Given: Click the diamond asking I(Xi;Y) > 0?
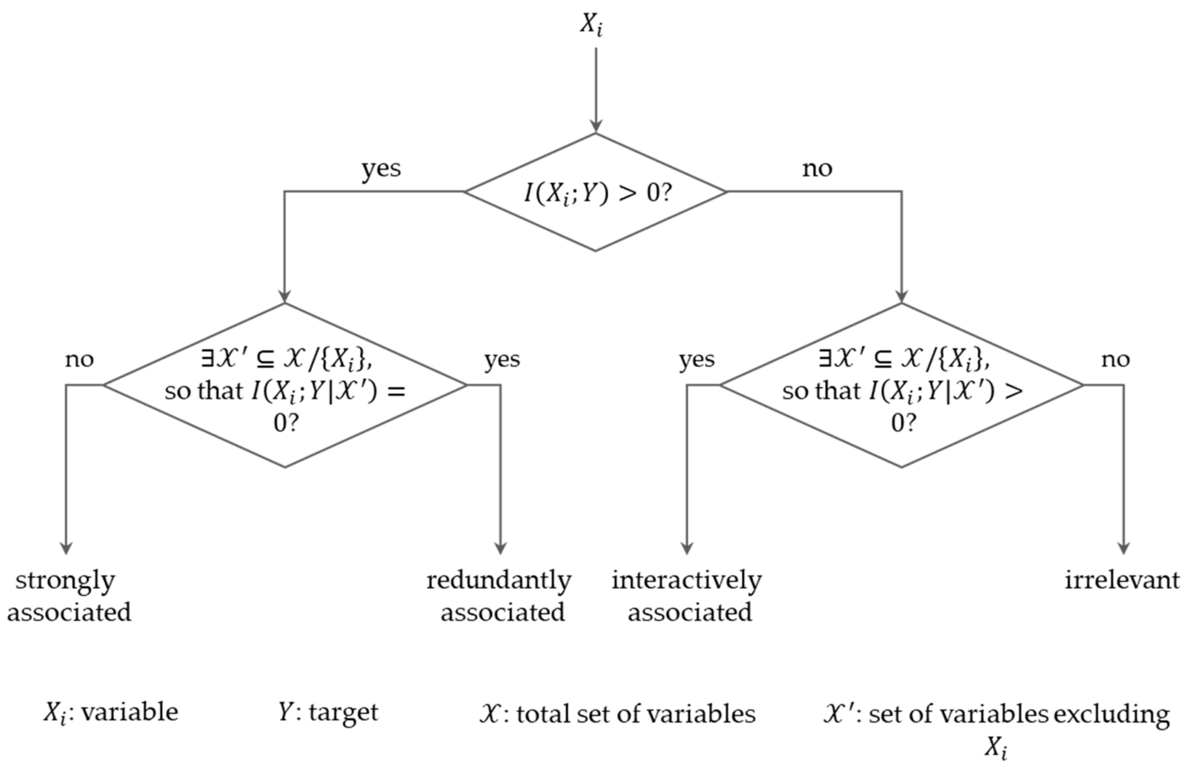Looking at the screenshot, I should (595, 192).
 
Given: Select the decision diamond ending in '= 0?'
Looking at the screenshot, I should (285, 385).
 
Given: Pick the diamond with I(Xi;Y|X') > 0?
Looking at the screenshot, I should (901, 385).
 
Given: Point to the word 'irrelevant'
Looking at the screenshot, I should (1122, 580).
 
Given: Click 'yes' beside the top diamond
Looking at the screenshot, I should (381, 169).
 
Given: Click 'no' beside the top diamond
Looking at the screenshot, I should (817, 169).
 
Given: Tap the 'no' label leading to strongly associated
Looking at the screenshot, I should (79, 359).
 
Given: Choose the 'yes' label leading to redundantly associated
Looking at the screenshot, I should (502, 359).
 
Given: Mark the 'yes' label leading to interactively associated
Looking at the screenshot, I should (697, 359).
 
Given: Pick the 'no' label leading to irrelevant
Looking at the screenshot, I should (1115, 359).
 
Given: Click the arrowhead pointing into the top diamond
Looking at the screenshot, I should (595, 126).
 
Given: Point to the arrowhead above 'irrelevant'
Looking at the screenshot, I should (1123, 548).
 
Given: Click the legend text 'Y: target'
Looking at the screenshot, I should (328, 712).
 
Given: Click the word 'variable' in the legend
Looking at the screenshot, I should (129, 712).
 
